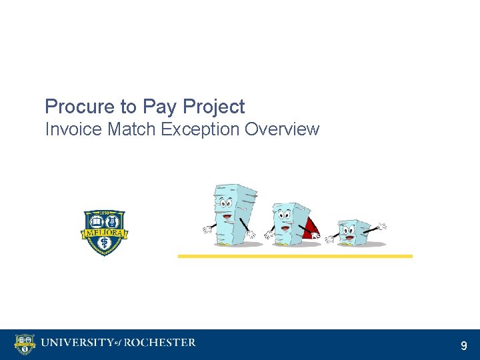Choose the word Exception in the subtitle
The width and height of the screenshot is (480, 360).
coord(201,129)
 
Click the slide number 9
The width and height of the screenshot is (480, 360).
coord(464,345)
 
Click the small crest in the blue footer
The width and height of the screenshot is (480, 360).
coord(25,344)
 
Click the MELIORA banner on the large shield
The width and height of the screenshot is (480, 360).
coord(104,233)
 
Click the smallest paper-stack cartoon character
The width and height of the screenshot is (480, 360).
coord(353,232)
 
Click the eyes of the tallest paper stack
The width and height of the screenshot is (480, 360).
coord(223,203)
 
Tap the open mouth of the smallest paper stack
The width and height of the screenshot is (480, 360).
coord(349,237)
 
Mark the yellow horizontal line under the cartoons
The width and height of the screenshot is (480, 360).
coord(295,256)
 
